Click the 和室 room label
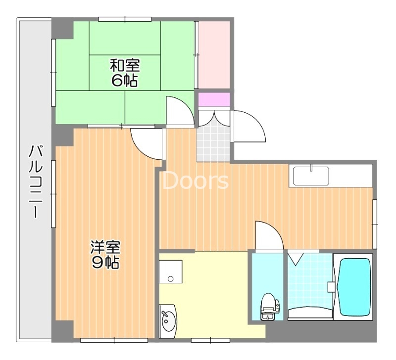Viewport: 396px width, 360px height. coord(125,65)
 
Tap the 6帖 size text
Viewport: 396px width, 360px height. coord(125,80)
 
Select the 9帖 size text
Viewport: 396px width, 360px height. coord(105,262)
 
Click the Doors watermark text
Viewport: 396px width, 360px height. coord(196,181)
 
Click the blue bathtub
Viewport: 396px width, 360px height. coord(354,285)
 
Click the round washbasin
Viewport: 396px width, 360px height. coord(168,319)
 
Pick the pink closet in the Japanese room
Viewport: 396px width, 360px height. coord(214,54)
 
